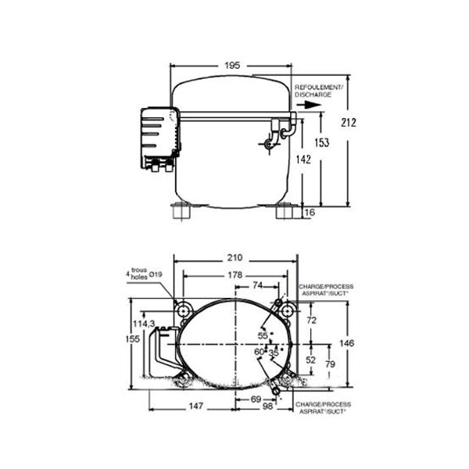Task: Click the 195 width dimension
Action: coord(232,65)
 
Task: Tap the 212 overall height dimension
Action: coord(349,123)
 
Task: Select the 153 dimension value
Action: coord(322,142)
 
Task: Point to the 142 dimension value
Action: coord(303,159)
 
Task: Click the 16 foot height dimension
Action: coord(310,212)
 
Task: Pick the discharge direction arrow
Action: coord(309,105)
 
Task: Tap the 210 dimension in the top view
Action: coord(234,257)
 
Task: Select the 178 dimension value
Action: coord(234,275)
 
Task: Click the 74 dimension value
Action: coord(257,285)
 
